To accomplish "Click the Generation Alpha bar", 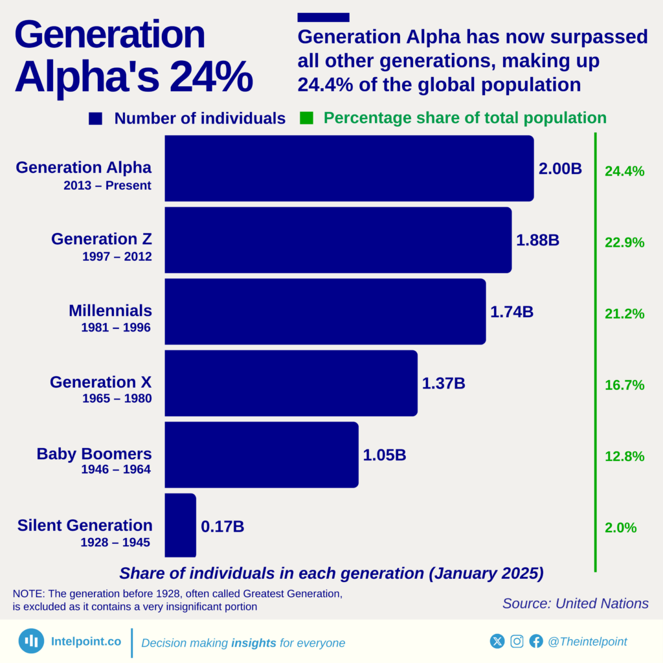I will (349, 168).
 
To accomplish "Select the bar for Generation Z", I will (338, 240).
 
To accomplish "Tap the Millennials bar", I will (325, 311).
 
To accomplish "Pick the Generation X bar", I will (291, 383).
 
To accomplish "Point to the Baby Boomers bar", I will (261, 455).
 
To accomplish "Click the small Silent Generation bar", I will (180, 525).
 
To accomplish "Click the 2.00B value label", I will (560, 169).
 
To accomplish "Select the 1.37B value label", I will (444, 383).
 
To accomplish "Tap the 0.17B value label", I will (222, 526).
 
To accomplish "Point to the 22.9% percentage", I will (624, 243).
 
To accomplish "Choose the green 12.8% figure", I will (624, 456).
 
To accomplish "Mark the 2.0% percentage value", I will (620, 528).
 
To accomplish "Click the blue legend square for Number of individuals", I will (96, 118).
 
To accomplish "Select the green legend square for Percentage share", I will (306, 118).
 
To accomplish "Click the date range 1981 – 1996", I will (116, 328).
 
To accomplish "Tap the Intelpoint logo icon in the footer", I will (31, 641).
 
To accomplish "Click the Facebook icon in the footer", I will (535, 641).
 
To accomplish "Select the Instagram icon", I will (517, 641).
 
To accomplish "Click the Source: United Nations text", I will (575, 603).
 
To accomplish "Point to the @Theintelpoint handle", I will (587, 642).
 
